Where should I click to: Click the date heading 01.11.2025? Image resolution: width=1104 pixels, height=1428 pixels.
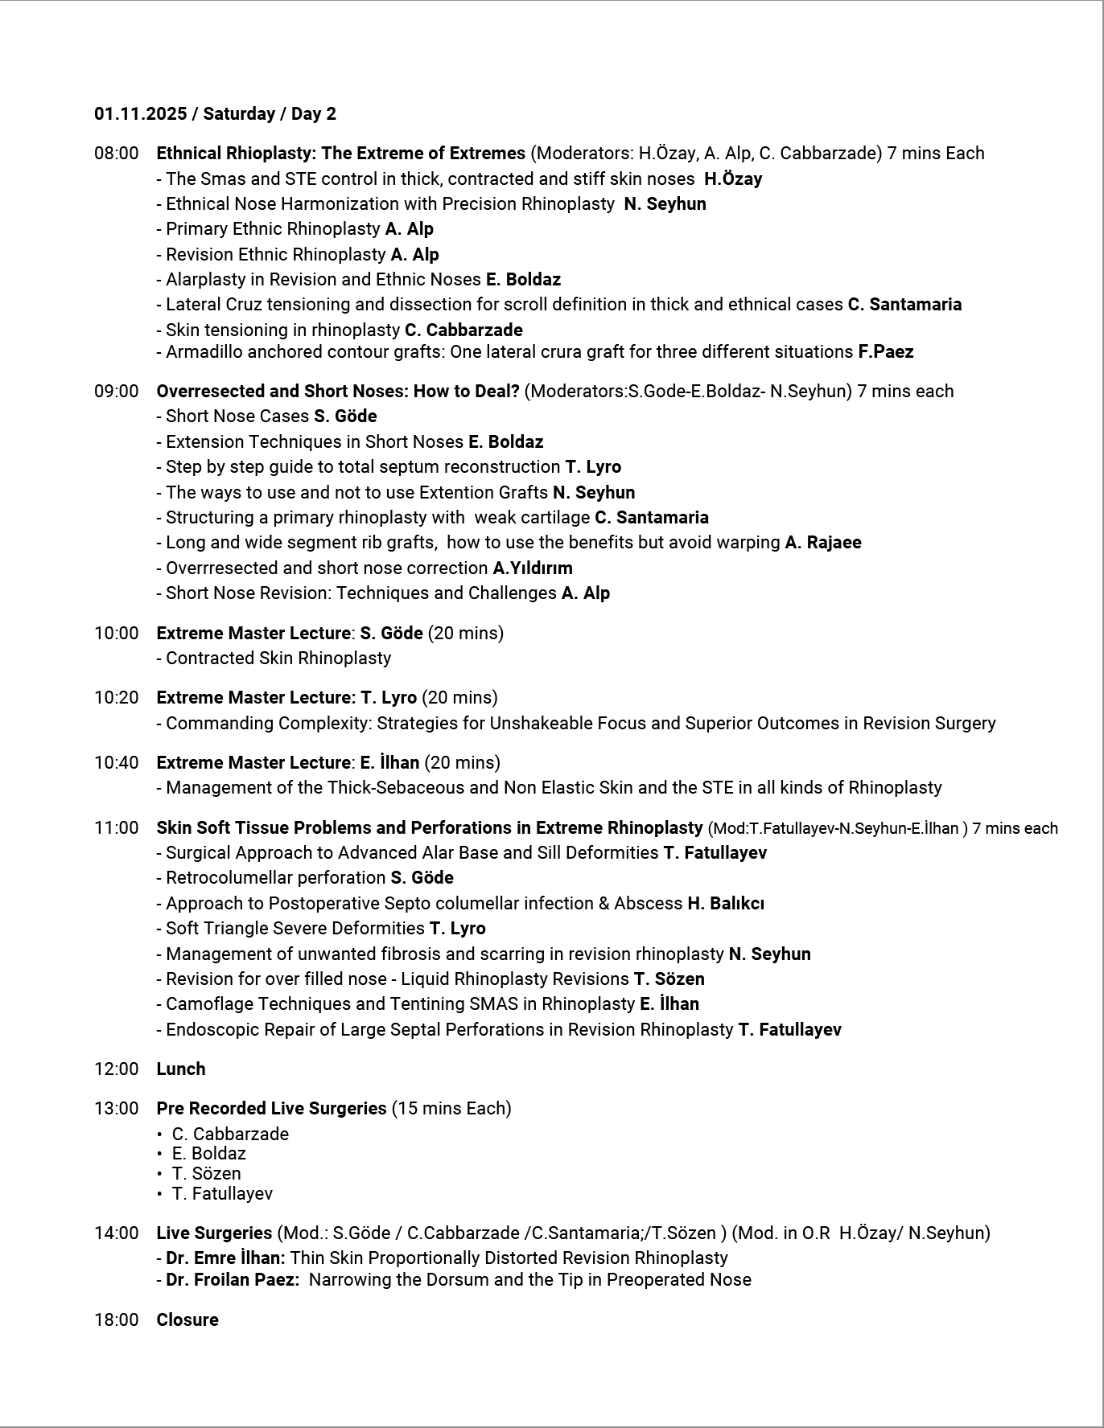pyautogui.click(x=140, y=114)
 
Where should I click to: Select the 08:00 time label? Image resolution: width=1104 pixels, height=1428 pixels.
pyautogui.click(x=116, y=154)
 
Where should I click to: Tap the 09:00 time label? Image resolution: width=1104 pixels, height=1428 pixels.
pyautogui.click(x=116, y=392)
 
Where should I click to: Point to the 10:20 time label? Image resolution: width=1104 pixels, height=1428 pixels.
pyautogui.click(x=116, y=698)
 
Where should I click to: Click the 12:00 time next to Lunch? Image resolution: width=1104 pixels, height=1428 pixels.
pyautogui.click(x=116, y=1069)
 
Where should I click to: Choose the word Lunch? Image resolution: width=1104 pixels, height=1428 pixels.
pyautogui.click(x=181, y=1069)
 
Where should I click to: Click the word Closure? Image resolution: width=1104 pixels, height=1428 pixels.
pyautogui.click(x=187, y=1320)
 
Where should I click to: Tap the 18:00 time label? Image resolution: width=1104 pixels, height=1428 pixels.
pyautogui.click(x=116, y=1320)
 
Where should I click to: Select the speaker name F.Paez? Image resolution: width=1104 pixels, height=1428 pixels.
pyautogui.click(x=885, y=352)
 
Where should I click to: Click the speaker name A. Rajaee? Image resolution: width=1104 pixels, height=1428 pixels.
pyautogui.click(x=822, y=543)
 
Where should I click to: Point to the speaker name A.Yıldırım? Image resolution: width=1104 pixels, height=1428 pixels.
pyautogui.click(x=533, y=568)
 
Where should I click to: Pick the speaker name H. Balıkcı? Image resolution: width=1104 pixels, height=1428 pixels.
pyautogui.click(x=725, y=904)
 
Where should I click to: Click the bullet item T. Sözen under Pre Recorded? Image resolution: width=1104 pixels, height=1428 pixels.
pyautogui.click(x=206, y=1174)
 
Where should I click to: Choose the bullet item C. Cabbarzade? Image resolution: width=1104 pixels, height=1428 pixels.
pyautogui.click(x=230, y=1135)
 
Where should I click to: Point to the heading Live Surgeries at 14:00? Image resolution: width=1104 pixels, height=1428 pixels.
pyautogui.click(x=214, y=1233)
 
